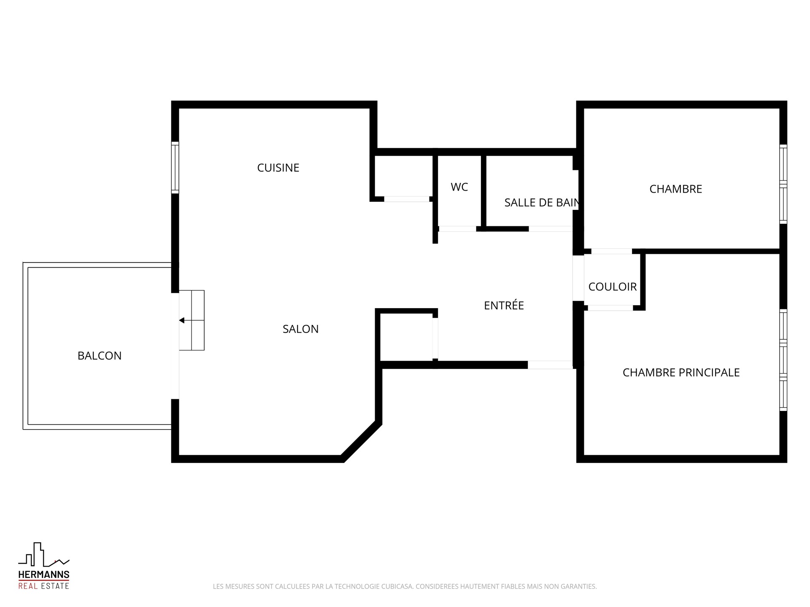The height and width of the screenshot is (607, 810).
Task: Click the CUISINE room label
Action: pyautogui.click(x=278, y=168)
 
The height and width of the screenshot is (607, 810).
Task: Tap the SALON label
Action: pyautogui.click(x=300, y=329)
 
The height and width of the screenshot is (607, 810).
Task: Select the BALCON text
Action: pyautogui.click(x=100, y=356)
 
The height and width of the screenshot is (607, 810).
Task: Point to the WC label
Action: pyautogui.click(x=459, y=187)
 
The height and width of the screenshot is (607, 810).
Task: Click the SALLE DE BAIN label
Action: pyautogui.click(x=542, y=202)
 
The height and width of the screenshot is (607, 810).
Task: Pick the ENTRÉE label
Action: pyautogui.click(x=504, y=305)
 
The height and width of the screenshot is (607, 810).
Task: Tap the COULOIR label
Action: pyautogui.click(x=613, y=287)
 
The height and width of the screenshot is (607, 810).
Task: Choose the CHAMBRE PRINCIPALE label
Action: pyautogui.click(x=681, y=373)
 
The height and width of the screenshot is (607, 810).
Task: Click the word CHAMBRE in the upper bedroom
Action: pyautogui.click(x=675, y=189)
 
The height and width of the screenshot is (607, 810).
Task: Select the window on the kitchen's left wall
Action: pyautogui.click(x=175, y=168)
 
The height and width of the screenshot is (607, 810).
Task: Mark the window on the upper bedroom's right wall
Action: pyautogui.click(x=783, y=184)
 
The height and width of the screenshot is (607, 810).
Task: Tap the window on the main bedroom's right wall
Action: pyautogui.click(x=783, y=360)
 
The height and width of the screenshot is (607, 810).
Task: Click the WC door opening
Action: pyautogui.click(x=457, y=229)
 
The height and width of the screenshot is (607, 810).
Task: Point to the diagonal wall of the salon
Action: pyautogui.click(x=361, y=441)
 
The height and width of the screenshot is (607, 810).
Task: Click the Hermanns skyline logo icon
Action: pyautogui.click(x=43, y=555)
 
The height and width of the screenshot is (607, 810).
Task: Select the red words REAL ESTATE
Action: pyautogui.click(x=43, y=586)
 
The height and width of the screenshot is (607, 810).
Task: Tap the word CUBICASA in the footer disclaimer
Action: pyautogui.click(x=398, y=586)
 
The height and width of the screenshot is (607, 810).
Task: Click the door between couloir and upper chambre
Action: pyautogui.click(x=611, y=251)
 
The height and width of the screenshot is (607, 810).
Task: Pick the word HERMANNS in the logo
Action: pyautogui.click(x=43, y=575)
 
